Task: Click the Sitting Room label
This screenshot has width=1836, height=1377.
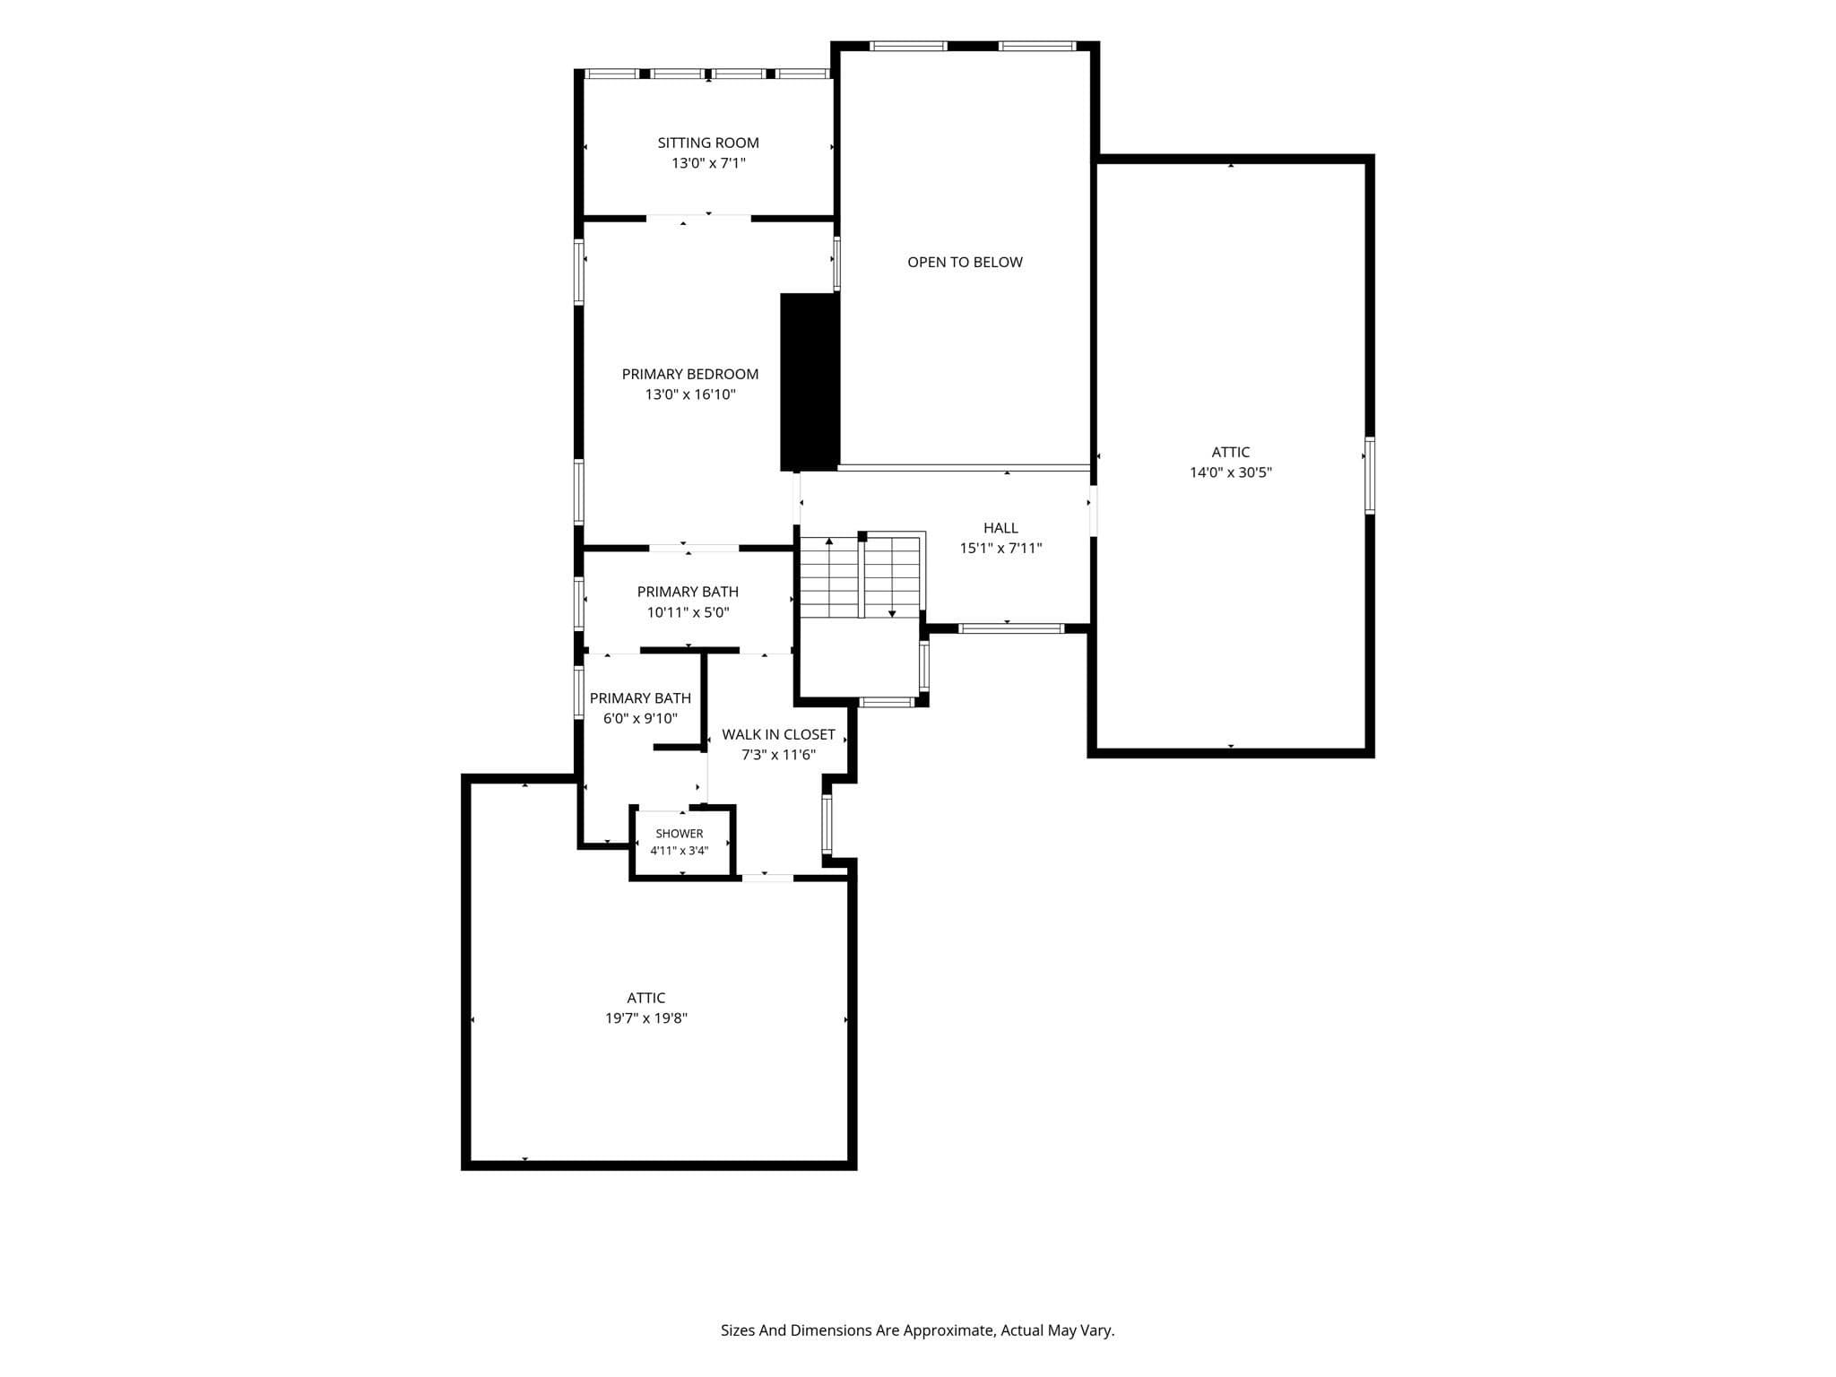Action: point(708,143)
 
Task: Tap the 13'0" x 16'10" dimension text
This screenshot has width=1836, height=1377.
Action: point(690,394)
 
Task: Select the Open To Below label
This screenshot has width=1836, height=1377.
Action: point(965,262)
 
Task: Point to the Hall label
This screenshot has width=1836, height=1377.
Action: point(1000,528)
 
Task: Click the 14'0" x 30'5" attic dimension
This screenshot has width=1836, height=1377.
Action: point(1231,472)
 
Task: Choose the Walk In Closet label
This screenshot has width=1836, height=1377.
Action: point(778,734)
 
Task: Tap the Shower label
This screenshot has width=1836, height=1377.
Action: point(680,834)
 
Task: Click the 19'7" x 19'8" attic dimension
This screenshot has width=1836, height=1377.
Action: point(645,1018)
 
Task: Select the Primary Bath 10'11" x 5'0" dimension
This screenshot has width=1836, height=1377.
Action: point(688,612)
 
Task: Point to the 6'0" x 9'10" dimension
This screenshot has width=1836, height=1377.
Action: point(640,718)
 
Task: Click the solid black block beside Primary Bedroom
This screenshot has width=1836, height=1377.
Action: point(810,382)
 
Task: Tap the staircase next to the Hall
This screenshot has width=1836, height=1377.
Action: point(861,576)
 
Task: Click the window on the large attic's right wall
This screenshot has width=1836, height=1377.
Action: point(1370,475)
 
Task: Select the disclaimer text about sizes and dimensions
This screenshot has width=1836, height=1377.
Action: point(917,1330)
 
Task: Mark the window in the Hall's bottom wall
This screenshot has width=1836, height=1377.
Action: point(1011,628)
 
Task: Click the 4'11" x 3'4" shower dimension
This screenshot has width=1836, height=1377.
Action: point(679,851)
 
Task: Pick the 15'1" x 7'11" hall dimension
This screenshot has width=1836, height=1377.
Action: point(1000,549)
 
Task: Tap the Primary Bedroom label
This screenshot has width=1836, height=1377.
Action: point(690,374)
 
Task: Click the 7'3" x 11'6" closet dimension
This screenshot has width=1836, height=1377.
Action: point(778,755)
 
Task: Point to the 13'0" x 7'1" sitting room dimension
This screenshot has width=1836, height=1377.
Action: point(708,163)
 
